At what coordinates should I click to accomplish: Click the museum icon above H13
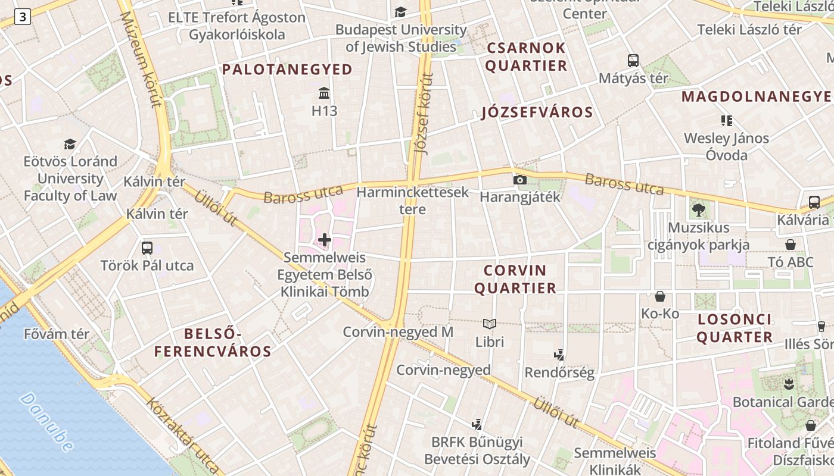click(325, 93)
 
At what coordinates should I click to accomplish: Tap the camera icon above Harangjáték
click(520, 180)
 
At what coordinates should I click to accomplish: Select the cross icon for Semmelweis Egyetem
click(325, 240)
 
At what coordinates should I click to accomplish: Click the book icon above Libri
click(490, 324)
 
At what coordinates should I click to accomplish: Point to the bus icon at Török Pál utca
click(147, 248)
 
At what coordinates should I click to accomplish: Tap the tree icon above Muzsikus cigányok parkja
click(699, 209)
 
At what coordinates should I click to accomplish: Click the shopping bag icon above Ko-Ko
click(660, 296)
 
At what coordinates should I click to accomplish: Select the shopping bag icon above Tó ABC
click(791, 245)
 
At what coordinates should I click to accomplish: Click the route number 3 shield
click(22, 17)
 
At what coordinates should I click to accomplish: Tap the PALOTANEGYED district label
click(288, 70)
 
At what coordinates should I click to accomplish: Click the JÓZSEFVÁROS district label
click(537, 112)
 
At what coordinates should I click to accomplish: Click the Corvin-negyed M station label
click(398, 332)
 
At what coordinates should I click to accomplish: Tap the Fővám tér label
click(57, 334)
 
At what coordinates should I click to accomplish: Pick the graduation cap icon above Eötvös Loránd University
click(70, 145)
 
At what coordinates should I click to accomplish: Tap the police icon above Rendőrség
click(559, 356)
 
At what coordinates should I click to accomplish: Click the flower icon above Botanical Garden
click(789, 384)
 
